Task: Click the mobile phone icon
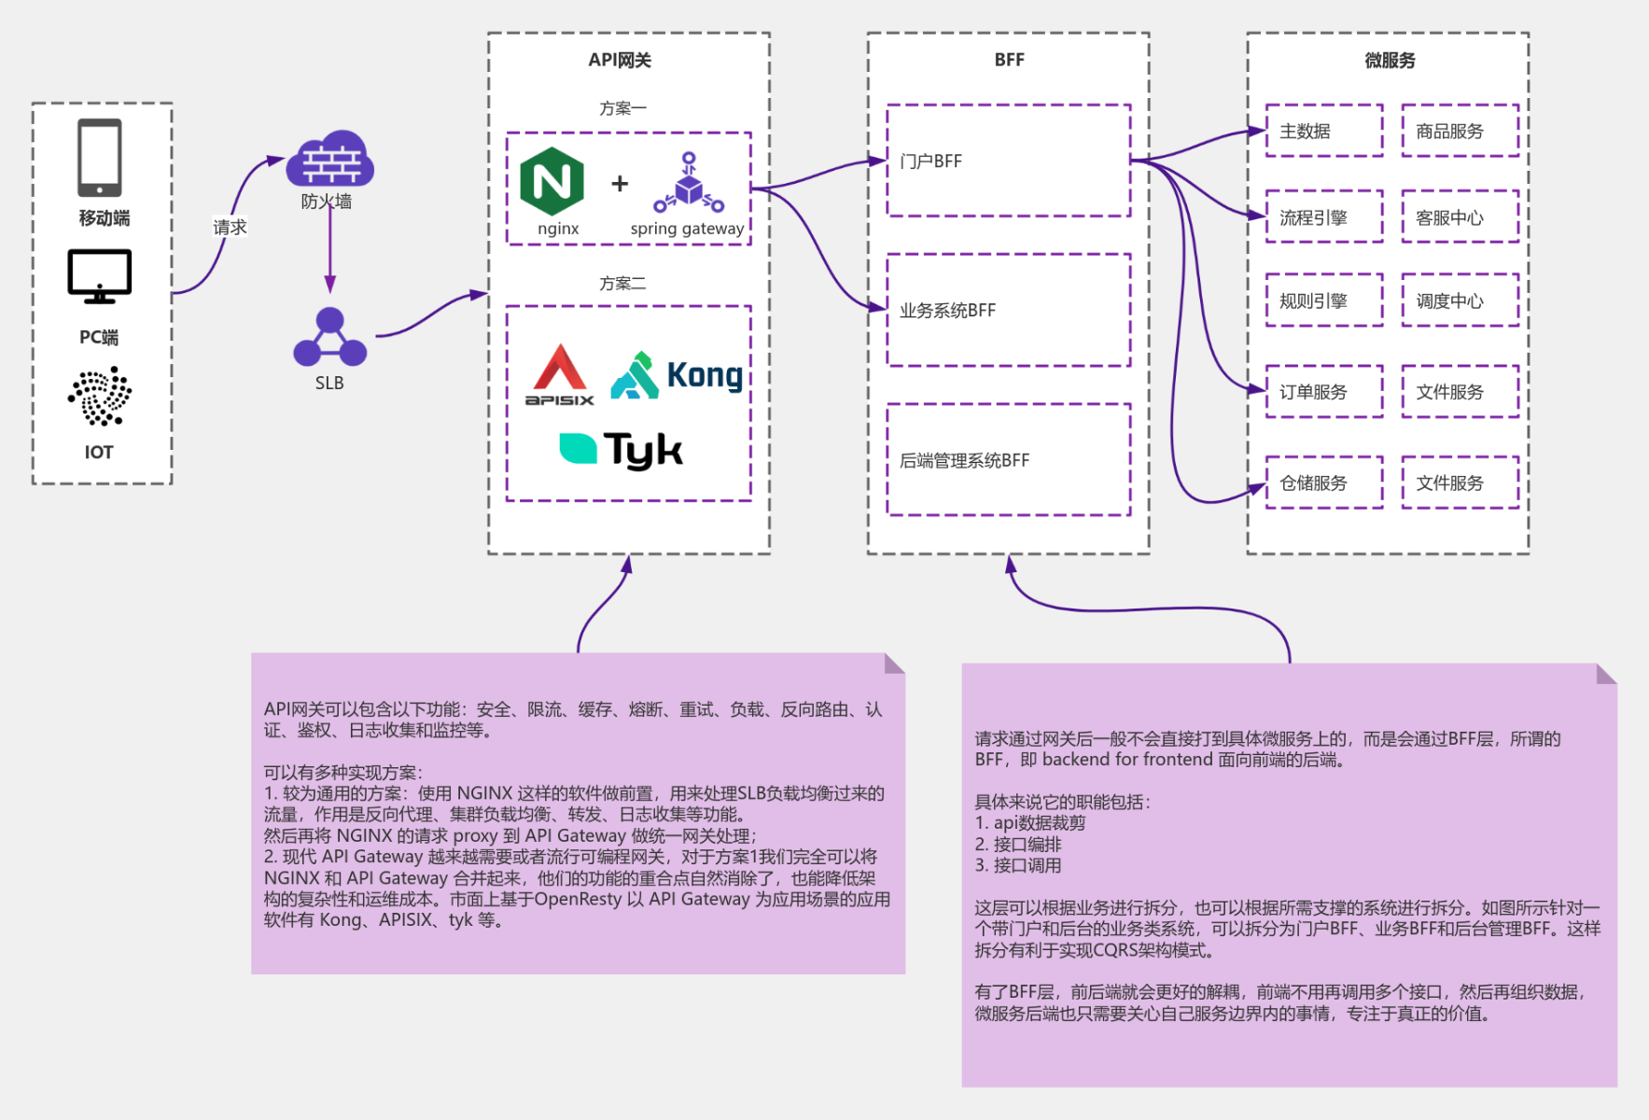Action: coord(100,157)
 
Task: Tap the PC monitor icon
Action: coord(100,275)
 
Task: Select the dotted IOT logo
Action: coord(100,396)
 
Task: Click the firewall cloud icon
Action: coord(329,160)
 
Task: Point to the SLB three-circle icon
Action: coord(329,338)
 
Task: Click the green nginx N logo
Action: coord(552,181)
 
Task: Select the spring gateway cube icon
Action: coord(689,183)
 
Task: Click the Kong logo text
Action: coord(705,375)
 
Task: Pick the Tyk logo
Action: coord(622,450)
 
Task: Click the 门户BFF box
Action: coord(1008,161)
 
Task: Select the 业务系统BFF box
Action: coord(1008,310)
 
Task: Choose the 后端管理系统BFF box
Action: coord(1008,459)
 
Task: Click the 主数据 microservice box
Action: coord(1323,131)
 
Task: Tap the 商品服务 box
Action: coord(1460,131)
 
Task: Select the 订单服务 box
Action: coord(1323,392)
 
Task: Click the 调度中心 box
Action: coord(1460,301)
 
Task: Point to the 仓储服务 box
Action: coord(1323,483)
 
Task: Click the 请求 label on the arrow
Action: coord(230,227)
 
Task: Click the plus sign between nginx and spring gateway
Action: coord(620,184)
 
